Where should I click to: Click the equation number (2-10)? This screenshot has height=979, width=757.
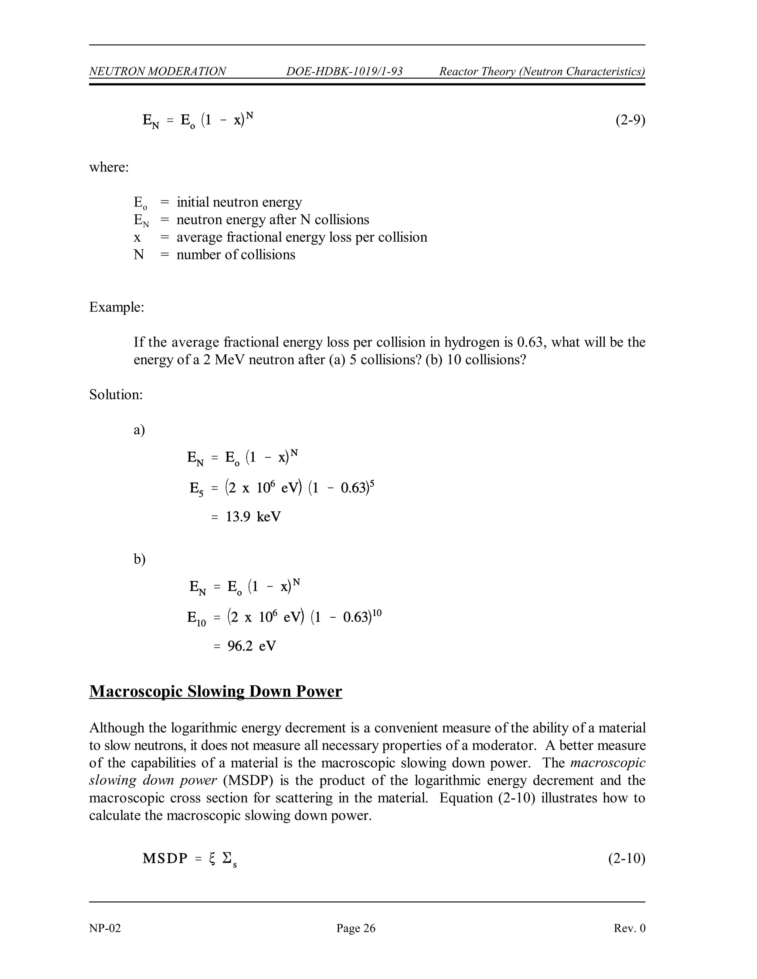tap(627, 859)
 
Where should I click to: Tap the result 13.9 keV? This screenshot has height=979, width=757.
tap(253, 517)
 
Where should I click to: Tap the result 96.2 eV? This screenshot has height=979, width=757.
tap(252, 646)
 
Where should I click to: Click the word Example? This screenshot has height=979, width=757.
tap(116, 307)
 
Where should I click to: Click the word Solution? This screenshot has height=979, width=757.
tap(116, 395)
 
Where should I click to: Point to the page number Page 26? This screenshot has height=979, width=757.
tap(356, 928)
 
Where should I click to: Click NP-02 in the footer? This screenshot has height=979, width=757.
tap(105, 928)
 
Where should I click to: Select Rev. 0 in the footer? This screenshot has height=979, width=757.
tap(629, 928)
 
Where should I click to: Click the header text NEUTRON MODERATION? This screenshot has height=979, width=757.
tap(157, 71)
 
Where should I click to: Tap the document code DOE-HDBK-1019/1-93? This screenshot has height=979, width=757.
tap(344, 71)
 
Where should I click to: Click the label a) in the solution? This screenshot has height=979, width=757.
tap(139, 430)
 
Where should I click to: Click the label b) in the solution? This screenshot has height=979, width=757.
tap(139, 559)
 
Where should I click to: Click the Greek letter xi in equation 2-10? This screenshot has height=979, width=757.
tap(212, 859)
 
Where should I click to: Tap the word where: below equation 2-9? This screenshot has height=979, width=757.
tap(109, 167)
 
